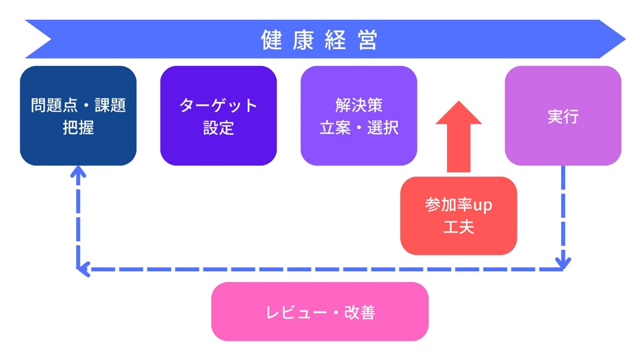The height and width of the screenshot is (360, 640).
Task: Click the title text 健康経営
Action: [x=319, y=40]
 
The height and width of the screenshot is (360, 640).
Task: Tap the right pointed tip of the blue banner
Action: [x=626, y=39]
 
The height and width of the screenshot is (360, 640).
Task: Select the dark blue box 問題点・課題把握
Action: [x=78, y=116]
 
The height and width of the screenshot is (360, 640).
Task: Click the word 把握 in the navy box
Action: [x=78, y=128]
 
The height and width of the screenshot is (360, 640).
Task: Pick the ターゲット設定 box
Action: [x=218, y=116]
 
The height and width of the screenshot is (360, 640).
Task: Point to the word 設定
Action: [x=219, y=128]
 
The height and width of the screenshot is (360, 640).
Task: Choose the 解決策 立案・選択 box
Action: [x=359, y=116]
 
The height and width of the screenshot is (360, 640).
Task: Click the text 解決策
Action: [x=359, y=105]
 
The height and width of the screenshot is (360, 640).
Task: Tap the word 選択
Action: [x=383, y=128]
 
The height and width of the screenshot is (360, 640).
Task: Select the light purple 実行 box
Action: [x=563, y=116]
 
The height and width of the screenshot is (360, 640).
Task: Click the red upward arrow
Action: [x=459, y=136]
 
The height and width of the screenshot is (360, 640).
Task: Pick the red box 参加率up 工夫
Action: [x=459, y=216]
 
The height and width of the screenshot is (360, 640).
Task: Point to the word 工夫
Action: [x=459, y=227]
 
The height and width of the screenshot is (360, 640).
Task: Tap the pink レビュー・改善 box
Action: [x=320, y=311]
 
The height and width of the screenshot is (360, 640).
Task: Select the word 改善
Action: [x=360, y=312]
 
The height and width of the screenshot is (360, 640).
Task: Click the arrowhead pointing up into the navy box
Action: [x=78, y=171]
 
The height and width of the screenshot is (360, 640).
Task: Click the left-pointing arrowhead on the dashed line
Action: [x=84, y=269]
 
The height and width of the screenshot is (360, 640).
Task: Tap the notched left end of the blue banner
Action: [x=51, y=39]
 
